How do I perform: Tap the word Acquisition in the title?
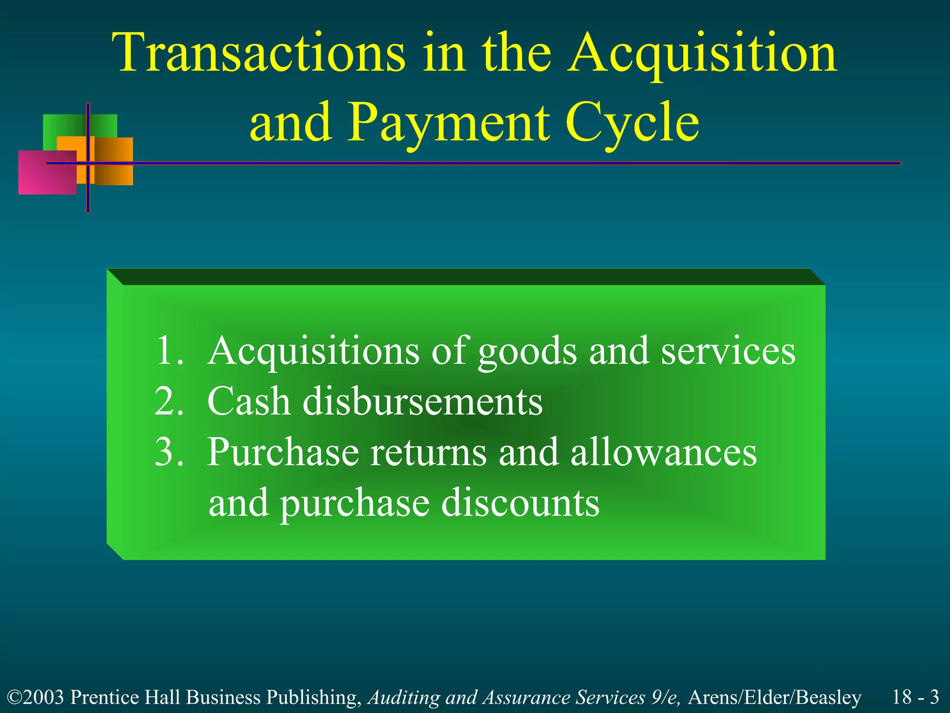[702, 53]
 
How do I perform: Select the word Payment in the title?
[449, 123]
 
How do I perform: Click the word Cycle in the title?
[632, 123]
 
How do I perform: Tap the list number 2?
[169, 401]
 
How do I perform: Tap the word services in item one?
[728, 351]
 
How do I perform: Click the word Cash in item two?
[249, 401]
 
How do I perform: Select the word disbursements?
[422, 401]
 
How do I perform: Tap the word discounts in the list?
[520, 503]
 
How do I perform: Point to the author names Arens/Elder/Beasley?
[774, 697]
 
